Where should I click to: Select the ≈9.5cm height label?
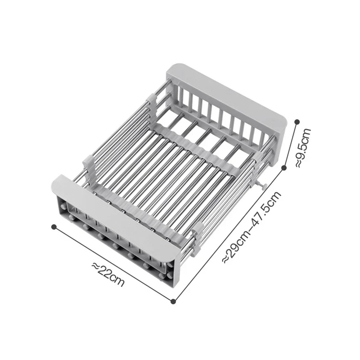[x=303, y=149]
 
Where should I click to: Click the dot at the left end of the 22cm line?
[x=53, y=226]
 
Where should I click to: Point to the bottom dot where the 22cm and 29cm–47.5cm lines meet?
[x=173, y=301]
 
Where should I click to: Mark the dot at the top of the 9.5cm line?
[x=297, y=121]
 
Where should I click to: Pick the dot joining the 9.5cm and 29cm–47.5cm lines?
[x=284, y=167]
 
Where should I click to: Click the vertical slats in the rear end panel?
[x=216, y=116]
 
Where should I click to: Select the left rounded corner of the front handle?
[x=57, y=180]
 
